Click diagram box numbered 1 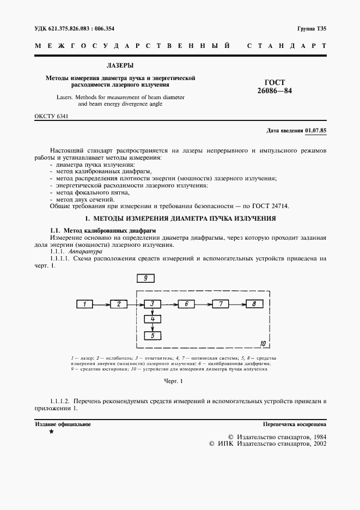(86, 304)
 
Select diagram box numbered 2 (119, 304)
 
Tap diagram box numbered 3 (153, 304)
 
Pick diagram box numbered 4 (153, 319)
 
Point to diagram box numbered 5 (153, 336)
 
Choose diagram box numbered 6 (186, 304)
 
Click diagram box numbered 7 (220, 304)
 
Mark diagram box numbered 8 (254, 304)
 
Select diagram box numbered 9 (145, 278)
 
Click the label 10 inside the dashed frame (263, 344)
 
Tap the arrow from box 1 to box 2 (102, 304)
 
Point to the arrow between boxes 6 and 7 (203, 304)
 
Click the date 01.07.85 (315, 131)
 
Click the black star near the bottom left (51, 432)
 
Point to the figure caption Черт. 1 (174, 381)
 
